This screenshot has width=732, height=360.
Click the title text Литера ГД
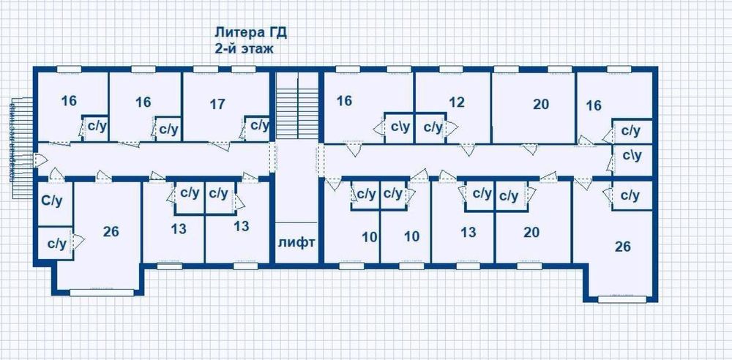point(249,33)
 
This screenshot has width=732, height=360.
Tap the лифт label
point(296,241)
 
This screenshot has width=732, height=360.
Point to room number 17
point(217,104)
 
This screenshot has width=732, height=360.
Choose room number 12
point(457,102)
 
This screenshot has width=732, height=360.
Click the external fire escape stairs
point(22,146)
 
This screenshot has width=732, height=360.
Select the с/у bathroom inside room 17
point(259,126)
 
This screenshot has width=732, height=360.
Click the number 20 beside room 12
point(540,105)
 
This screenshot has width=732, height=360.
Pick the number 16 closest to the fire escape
point(69,101)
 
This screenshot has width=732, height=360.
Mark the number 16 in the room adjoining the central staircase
point(345,100)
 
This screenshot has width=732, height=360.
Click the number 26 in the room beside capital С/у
point(111,232)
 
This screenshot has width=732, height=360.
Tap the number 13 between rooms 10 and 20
point(468,232)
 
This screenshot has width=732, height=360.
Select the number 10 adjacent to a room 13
point(413,236)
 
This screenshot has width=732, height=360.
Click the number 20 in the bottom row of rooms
point(531,232)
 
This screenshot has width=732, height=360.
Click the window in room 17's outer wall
point(206,70)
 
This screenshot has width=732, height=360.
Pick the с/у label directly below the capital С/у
point(56,243)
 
